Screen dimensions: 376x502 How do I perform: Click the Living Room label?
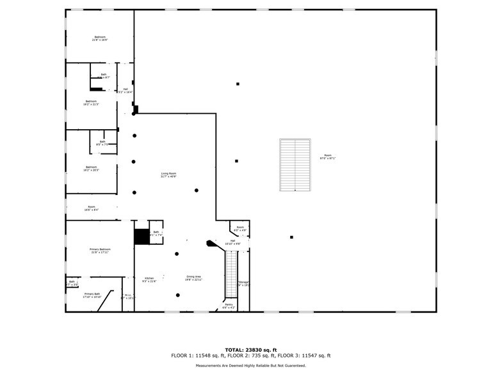coord(168,175)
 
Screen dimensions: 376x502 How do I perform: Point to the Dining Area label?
coord(194,278)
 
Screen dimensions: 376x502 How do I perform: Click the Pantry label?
coord(229,306)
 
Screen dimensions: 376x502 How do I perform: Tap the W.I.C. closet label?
coord(127,297)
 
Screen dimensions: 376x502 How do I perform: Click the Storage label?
coord(243,284)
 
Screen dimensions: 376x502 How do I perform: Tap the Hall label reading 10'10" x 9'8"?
coord(232,242)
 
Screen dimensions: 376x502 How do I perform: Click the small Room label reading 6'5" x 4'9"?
coord(240,228)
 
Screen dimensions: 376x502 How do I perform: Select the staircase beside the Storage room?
coord(231,276)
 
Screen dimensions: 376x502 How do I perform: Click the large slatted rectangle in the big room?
coord(295,164)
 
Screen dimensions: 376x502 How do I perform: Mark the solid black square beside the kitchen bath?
coord(141,236)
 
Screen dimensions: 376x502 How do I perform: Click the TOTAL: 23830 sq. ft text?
coord(250,350)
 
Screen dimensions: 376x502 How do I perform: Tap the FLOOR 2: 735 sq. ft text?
coord(250,356)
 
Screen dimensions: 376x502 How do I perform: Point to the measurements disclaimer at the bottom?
coord(250,366)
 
